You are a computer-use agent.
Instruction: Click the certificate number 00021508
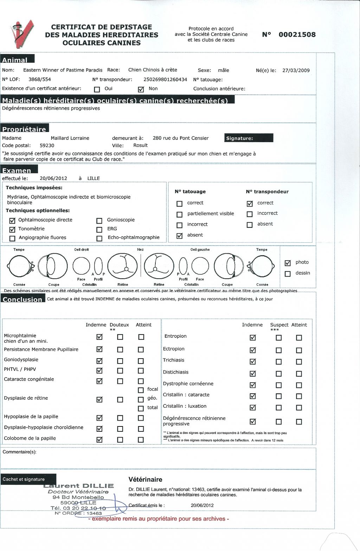(297, 34)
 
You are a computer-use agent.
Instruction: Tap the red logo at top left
(22, 34)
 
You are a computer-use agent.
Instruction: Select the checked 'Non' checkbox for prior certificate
(141, 89)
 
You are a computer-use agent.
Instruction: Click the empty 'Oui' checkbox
(97, 89)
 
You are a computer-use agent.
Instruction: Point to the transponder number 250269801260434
(165, 80)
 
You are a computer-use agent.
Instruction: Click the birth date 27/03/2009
(296, 70)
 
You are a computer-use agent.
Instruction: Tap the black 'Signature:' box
(249, 138)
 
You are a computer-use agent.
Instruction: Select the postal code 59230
(47, 145)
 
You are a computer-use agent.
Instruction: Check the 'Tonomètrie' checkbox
(13, 229)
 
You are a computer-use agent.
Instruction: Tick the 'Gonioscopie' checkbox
(99, 221)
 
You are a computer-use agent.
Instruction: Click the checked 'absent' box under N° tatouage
(180, 236)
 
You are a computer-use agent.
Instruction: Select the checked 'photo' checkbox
(288, 263)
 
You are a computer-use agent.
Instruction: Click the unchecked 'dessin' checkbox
(288, 274)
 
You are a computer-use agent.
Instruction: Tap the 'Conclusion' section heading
(23, 299)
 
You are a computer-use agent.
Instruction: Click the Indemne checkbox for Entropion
(252, 338)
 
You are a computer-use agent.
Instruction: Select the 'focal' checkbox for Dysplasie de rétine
(141, 390)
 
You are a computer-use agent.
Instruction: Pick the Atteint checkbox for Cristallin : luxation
(299, 408)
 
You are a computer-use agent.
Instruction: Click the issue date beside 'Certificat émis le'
(202, 505)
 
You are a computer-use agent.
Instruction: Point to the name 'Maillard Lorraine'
(70, 138)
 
